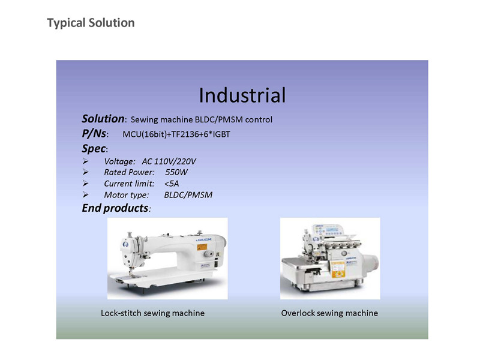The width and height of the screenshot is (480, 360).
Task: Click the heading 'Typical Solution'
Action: [91, 23]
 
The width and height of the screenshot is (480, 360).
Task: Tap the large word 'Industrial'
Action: [242, 95]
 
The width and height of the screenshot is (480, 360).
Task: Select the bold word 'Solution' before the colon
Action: [103, 119]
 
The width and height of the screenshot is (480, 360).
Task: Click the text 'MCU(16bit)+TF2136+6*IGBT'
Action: [176, 134]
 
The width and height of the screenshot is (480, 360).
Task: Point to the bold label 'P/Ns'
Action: [94, 134]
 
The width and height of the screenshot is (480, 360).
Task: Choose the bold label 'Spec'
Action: [94, 149]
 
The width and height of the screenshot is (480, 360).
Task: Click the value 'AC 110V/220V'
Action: [169, 161]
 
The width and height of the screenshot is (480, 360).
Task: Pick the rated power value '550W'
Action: [176, 172]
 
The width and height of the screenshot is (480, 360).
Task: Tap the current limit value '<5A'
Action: [172, 184]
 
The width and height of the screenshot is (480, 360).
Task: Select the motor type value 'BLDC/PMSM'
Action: [188, 194]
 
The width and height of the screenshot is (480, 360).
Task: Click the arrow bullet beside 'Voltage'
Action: [85, 161]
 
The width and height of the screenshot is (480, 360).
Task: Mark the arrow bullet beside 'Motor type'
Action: [85, 194]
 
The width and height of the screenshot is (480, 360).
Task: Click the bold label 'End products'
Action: [115, 208]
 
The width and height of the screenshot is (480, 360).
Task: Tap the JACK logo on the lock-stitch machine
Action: [203, 239]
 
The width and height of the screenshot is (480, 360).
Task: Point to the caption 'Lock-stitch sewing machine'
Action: [152, 313]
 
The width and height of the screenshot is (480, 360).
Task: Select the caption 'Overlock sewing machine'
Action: [329, 313]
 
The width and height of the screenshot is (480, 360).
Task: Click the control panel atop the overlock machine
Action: [328, 230]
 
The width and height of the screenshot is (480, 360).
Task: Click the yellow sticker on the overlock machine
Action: [338, 269]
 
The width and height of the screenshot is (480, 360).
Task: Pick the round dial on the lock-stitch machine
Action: [209, 254]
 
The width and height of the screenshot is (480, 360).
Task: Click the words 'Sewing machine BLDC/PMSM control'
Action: [201, 119]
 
